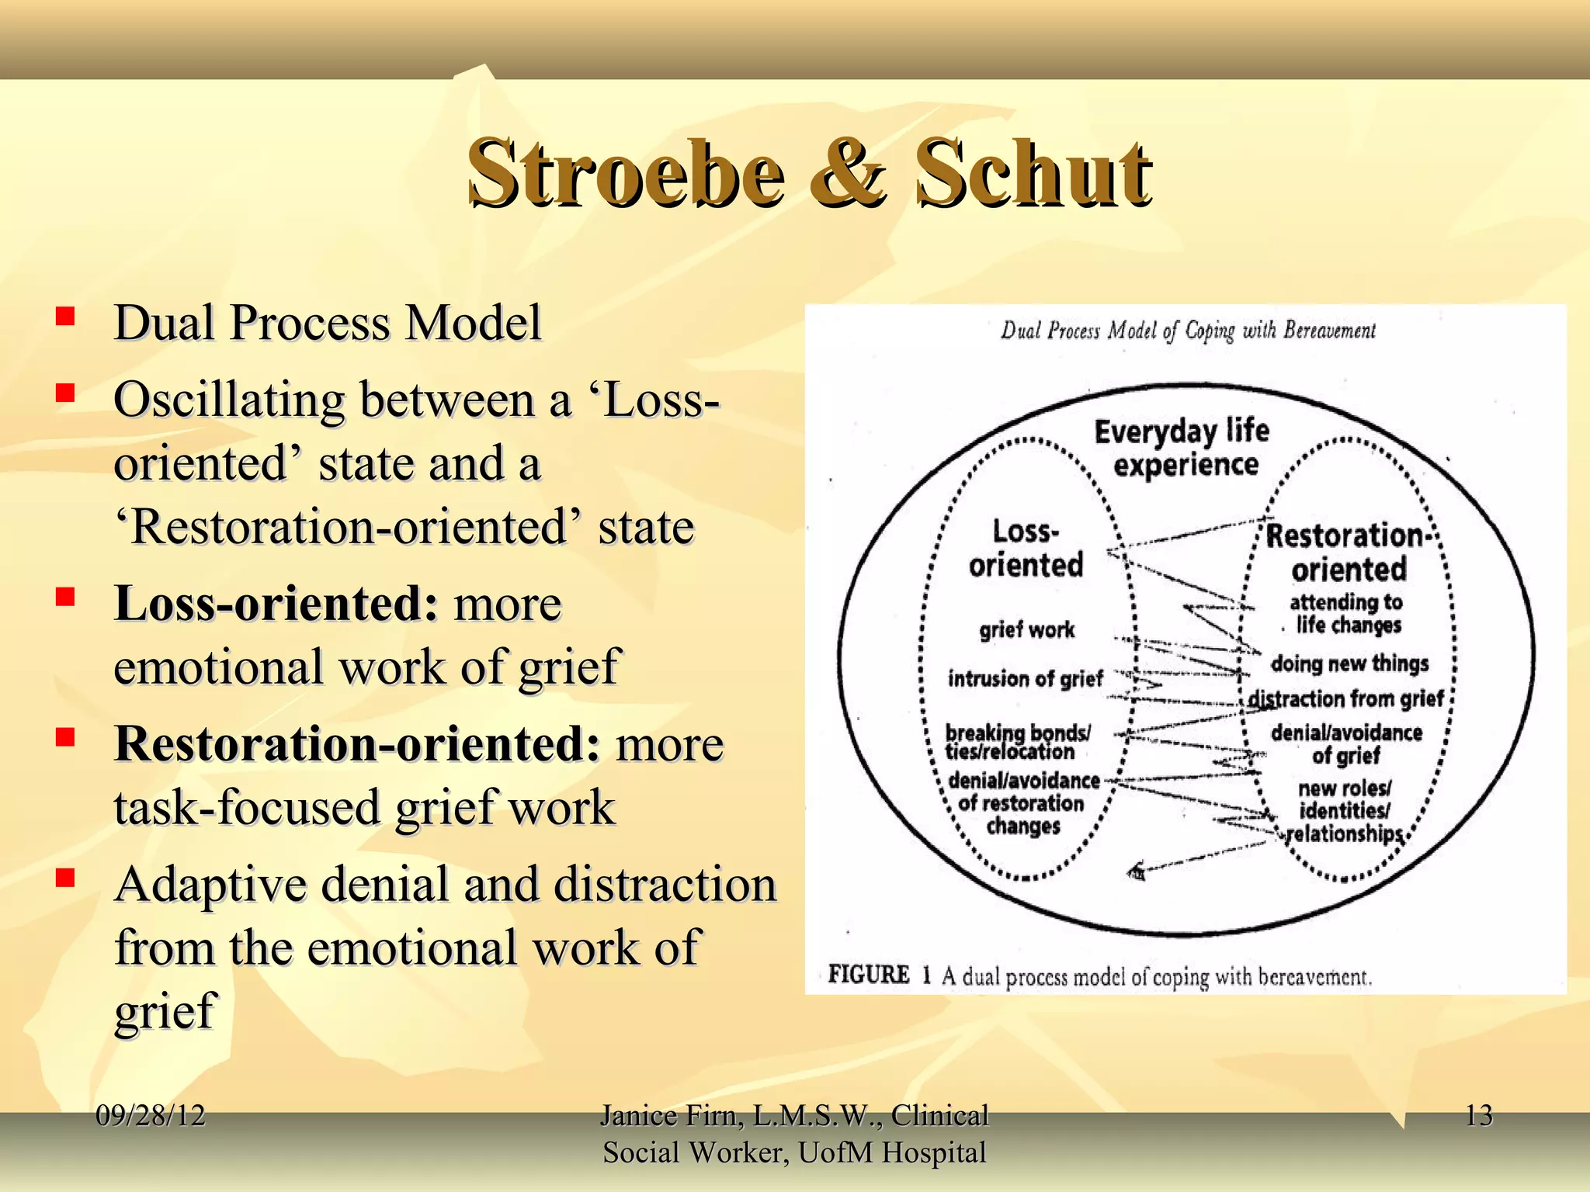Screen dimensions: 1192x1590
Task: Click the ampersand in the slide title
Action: [x=848, y=175]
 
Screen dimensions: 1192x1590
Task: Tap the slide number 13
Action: [x=1478, y=1116]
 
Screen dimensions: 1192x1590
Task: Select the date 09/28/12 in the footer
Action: [x=151, y=1116]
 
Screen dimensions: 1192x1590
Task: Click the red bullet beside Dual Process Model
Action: [x=65, y=317]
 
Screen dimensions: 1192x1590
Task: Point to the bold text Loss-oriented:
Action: [x=276, y=604]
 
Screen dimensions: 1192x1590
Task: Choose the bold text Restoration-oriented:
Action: [x=357, y=743]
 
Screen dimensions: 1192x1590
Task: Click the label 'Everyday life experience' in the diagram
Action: [x=1182, y=448]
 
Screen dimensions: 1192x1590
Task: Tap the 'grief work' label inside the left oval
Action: [x=1026, y=629]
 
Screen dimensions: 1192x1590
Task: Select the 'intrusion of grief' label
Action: [x=1025, y=679]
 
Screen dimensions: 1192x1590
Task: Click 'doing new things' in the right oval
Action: [x=1349, y=664]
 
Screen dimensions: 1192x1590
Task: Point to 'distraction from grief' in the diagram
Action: [x=1346, y=698]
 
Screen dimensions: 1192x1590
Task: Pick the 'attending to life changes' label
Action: [x=1347, y=613]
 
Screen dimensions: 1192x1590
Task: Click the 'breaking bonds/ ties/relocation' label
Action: [x=1016, y=742]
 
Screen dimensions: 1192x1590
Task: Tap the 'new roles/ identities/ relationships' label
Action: [x=1345, y=811]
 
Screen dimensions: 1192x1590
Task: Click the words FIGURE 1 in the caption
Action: [x=879, y=975]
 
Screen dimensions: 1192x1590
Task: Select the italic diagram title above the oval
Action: [x=1188, y=331]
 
